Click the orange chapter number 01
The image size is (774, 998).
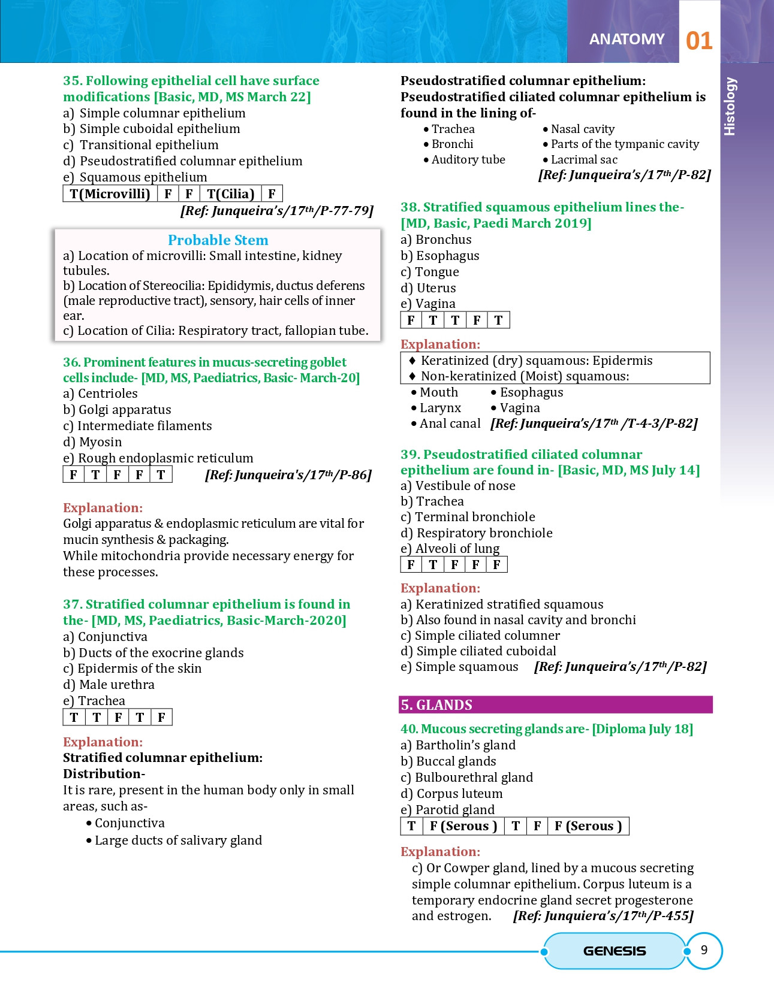pyautogui.click(x=699, y=41)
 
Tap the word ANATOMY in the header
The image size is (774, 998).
pyautogui.click(x=627, y=40)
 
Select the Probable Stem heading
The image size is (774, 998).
pyautogui.click(x=218, y=240)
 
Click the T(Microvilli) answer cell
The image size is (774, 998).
pyautogui.click(x=110, y=194)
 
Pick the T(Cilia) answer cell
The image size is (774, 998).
pyautogui.click(x=230, y=194)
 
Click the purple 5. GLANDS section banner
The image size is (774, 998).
pyautogui.click(x=555, y=705)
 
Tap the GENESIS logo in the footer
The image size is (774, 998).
pyautogui.click(x=615, y=951)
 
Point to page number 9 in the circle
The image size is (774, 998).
pyautogui.click(x=704, y=950)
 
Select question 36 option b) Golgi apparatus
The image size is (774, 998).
pyautogui.click(x=117, y=410)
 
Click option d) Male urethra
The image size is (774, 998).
pyautogui.click(x=109, y=685)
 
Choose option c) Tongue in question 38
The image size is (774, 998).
pyautogui.click(x=430, y=272)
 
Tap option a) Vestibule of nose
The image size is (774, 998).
pyautogui.click(x=458, y=486)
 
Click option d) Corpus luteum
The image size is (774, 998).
pyautogui.click(x=451, y=794)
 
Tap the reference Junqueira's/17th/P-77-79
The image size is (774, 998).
pyautogui.click(x=277, y=211)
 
